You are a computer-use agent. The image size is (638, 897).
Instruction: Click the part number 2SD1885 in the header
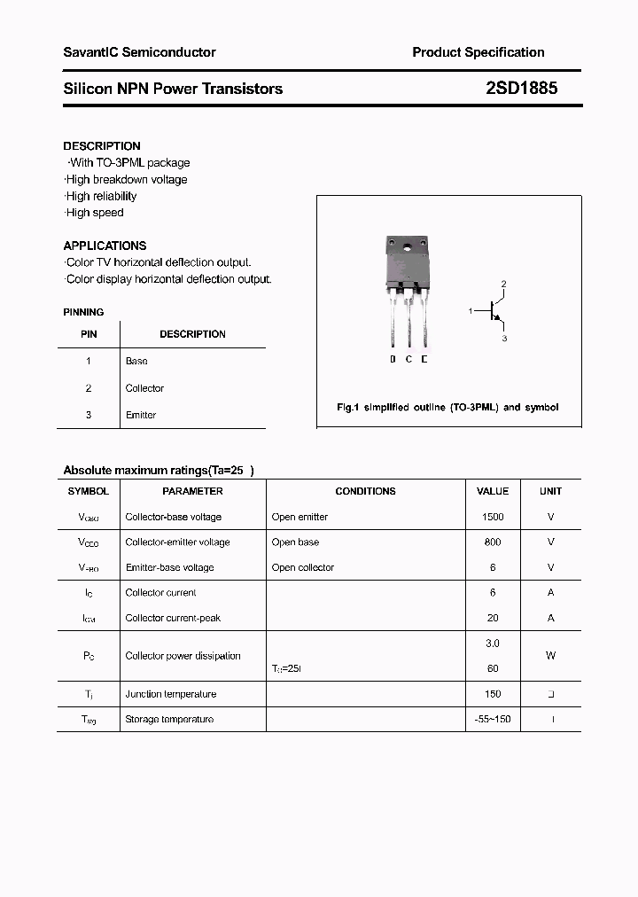pos(521,89)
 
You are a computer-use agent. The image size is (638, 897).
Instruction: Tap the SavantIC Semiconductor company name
pos(139,52)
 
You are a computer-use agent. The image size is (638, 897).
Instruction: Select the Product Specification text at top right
pos(478,52)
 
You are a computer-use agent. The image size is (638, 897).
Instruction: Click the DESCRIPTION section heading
pos(102,146)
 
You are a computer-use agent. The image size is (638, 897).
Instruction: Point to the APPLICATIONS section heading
pos(105,246)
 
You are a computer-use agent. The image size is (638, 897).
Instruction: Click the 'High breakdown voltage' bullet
pos(126,180)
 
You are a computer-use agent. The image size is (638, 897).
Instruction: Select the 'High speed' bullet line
pos(94,213)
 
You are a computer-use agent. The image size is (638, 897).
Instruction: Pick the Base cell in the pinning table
pos(136,362)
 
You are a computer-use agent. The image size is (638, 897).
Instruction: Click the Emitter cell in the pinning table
pos(141,415)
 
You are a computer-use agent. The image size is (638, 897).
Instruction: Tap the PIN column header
pos(89,334)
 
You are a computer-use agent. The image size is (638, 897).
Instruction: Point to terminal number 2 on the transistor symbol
pos(503,285)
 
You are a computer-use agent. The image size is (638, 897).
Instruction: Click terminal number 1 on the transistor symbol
pos(471,311)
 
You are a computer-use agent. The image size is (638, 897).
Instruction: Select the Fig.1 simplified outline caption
pos(447,408)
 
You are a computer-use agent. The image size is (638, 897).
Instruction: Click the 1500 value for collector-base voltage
pos(493,517)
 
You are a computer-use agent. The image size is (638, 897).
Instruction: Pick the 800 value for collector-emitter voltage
pos(493,542)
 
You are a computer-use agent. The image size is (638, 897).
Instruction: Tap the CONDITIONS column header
pos(365,491)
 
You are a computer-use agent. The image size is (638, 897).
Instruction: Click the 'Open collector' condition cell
pos(303,567)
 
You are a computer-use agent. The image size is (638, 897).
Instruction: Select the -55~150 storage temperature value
pos(493,720)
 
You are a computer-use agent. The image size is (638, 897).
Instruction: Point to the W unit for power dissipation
pos(550,656)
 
